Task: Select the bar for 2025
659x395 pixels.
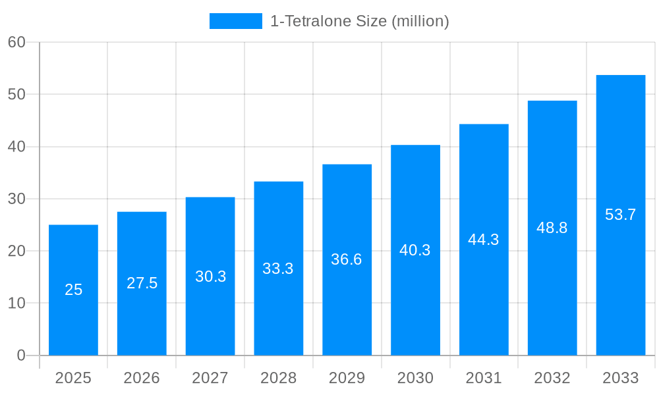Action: click(73, 290)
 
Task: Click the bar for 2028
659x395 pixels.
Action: click(278, 269)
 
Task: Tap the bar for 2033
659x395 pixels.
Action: click(620, 215)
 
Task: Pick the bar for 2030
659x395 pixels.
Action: click(415, 250)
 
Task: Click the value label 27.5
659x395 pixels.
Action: click(142, 283)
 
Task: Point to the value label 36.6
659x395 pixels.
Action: click(347, 259)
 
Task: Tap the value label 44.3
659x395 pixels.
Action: click(484, 240)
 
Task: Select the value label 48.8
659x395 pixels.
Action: click(552, 228)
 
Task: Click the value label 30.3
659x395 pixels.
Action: click(210, 276)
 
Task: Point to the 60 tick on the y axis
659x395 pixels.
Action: click(16, 42)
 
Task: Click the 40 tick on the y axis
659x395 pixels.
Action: click(16, 147)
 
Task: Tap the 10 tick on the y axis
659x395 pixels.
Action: click(16, 303)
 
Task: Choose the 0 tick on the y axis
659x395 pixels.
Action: click(20, 355)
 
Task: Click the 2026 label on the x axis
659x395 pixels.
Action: click(142, 378)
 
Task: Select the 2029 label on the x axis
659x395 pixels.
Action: click(347, 378)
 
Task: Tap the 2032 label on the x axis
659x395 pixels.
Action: click(552, 378)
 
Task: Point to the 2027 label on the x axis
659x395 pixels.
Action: click(210, 378)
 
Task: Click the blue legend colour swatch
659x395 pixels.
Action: click(235, 21)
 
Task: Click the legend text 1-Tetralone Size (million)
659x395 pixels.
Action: click(359, 21)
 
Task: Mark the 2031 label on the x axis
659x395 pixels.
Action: click(484, 378)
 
